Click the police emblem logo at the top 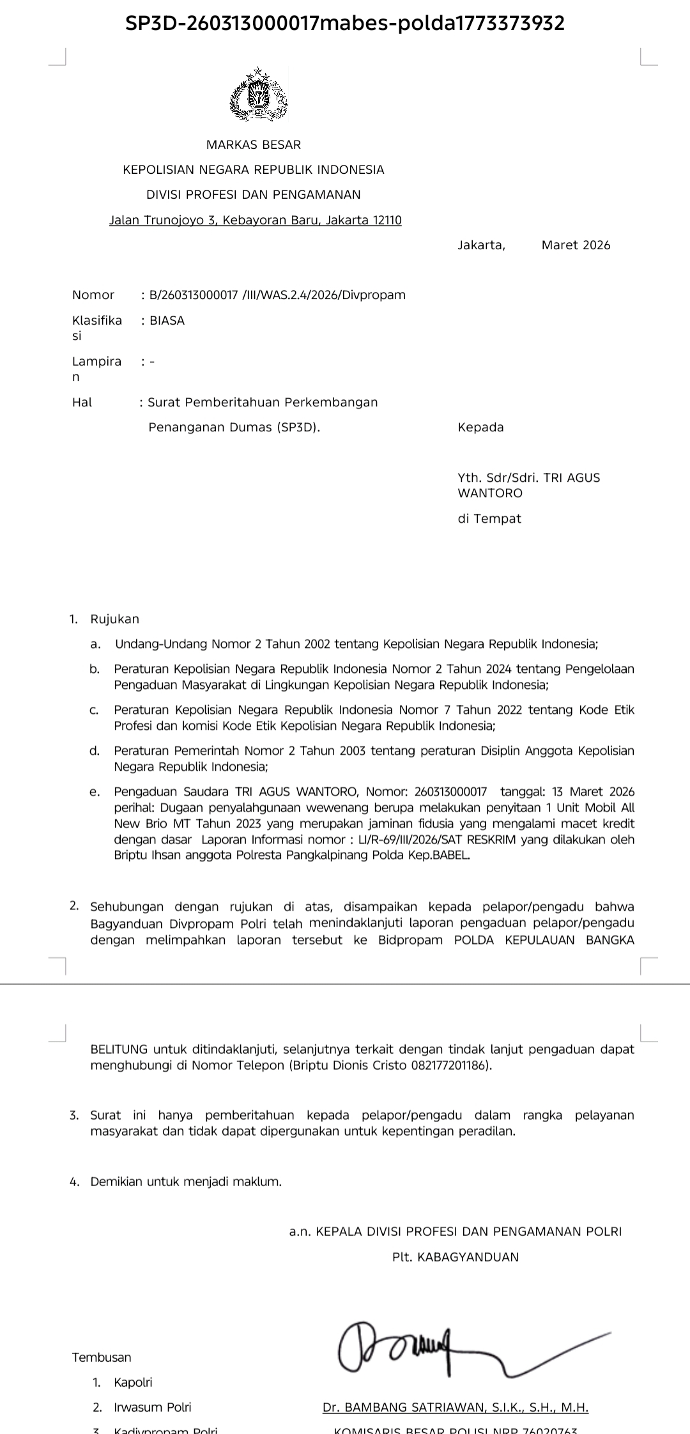258,95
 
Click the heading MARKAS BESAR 254,145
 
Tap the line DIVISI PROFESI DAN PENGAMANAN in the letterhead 254,194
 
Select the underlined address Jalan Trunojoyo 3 256,220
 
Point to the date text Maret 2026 576,245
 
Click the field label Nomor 93,295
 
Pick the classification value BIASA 167,321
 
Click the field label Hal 82,402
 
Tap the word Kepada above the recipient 480,428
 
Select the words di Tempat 489,519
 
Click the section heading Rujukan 115,619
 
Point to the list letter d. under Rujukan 95,751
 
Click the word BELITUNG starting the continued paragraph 119,1049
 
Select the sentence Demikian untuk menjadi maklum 186,1182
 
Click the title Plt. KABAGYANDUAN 456,1257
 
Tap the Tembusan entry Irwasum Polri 153,1407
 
